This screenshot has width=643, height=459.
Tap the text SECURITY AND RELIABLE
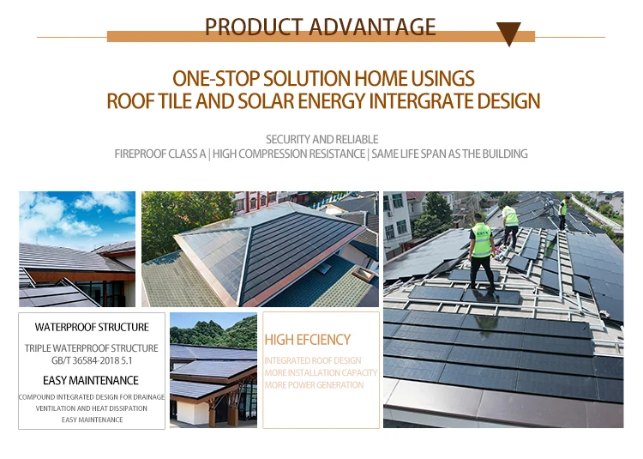(x=321, y=139)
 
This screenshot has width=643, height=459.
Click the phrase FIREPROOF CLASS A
(x=160, y=154)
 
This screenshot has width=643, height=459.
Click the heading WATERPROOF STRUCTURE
(x=92, y=327)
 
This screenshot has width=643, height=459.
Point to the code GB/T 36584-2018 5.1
(x=92, y=361)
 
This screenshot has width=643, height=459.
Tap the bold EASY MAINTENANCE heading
(x=91, y=380)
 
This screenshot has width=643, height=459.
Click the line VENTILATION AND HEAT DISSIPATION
(x=92, y=408)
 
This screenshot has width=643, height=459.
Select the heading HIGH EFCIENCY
(x=308, y=341)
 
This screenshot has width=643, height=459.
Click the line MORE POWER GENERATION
(x=314, y=385)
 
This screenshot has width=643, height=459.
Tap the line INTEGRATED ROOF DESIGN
(x=313, y=361)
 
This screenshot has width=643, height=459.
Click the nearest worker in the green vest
(x=482, y=245)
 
